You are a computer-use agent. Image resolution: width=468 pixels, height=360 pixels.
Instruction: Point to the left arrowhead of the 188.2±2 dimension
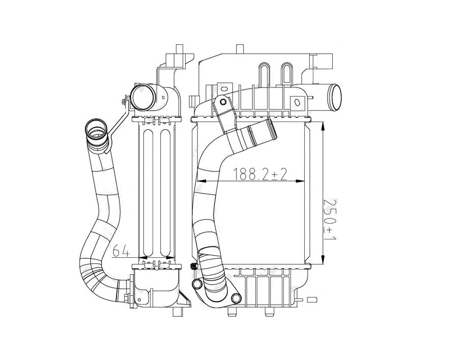coord(200,181)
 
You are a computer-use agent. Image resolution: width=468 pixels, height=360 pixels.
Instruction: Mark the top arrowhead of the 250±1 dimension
coord(324,126)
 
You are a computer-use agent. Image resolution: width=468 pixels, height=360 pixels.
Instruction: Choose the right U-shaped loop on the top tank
coord(286,74)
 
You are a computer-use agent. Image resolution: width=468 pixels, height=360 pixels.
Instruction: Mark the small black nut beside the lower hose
coord(193,267)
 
